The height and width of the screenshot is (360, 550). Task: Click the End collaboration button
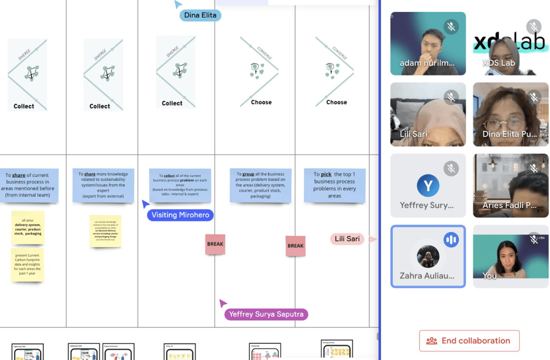coord(469,341)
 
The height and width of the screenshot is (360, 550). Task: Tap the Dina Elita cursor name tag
coord(200,15)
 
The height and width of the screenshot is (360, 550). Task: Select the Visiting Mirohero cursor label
coord(180,215)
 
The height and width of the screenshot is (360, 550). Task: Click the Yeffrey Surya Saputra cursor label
coord(266,314)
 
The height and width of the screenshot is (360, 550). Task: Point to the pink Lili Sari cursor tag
coord(347,239)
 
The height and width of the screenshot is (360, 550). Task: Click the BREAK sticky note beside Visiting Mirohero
coord(215,244)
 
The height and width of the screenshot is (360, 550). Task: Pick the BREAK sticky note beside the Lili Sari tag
coord(295,246)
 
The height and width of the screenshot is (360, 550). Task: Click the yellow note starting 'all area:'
coord(28,227)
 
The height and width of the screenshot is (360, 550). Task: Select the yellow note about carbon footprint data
coord(27,264)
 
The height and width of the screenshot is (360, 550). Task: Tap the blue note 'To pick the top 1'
coord(334,185)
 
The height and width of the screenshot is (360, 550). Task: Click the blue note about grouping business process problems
coord(260,185)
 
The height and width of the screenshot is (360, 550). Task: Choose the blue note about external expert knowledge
coord(103,185)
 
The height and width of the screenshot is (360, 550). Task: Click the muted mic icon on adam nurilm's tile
coord(451,27)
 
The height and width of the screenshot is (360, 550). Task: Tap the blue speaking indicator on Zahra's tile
coord(451,240)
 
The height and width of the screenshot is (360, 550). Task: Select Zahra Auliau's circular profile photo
coord(428,256)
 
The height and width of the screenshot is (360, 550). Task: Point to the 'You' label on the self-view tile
coord(489,276)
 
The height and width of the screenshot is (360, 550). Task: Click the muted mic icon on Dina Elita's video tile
coord(534,97)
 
